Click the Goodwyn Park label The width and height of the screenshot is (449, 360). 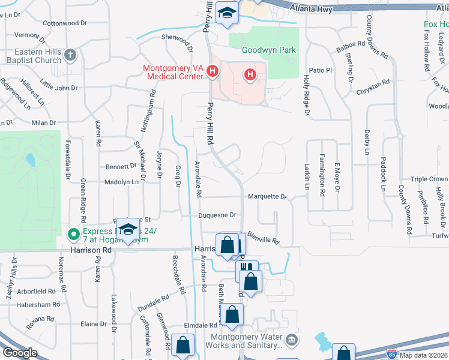click(x=269, y=50)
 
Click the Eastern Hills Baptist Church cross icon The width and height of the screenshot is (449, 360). click(x=70, y=55)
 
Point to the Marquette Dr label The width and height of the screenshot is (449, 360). click(x=267, y=196)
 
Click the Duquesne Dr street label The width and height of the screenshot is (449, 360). click(x=218, y=215)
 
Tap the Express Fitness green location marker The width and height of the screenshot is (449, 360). click(x=73, y=233)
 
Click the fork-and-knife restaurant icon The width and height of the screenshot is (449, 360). click(x=246, y=268)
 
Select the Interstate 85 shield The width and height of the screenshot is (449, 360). click(x=391, y=355)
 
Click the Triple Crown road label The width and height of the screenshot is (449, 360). click(x=429, y=179)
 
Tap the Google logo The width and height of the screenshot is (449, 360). click(x=20, y=352)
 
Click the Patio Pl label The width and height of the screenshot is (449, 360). click(x=321, y=70)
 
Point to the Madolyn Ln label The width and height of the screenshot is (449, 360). click(x=121, y=182)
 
